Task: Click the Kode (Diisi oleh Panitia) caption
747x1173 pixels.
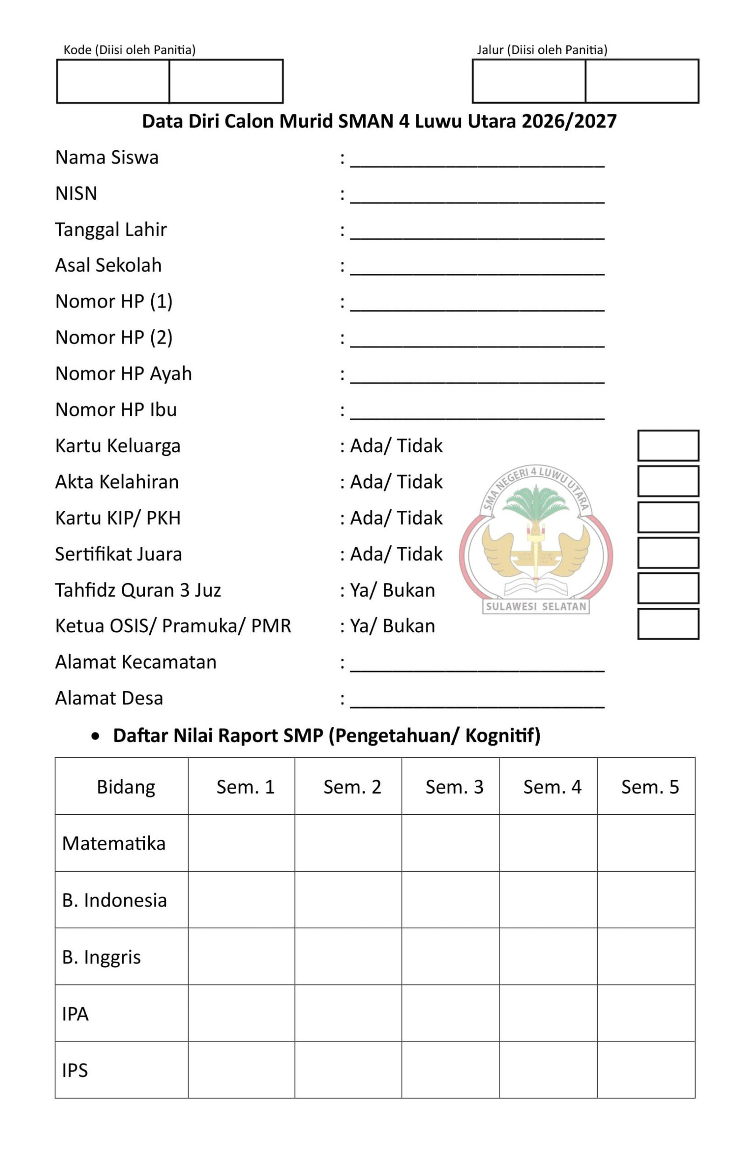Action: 129,49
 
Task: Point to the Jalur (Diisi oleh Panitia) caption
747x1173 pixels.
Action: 542,49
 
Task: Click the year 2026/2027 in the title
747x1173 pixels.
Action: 569,121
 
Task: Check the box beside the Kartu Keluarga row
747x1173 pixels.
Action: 668,445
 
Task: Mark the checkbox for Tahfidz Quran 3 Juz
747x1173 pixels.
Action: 668,588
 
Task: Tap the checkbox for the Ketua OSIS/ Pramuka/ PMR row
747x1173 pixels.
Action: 668,624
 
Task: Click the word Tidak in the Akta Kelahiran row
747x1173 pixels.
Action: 419,482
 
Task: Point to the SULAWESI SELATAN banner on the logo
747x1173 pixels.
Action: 536,607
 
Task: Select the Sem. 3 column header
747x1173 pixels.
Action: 454,787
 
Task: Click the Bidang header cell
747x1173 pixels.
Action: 126,787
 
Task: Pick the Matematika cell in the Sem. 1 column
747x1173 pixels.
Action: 241,843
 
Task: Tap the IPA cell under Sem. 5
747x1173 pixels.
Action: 646,1013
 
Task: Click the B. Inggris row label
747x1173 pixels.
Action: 101,957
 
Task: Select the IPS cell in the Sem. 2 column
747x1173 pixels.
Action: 348,1070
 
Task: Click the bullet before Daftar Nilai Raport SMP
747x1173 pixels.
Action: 96,736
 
